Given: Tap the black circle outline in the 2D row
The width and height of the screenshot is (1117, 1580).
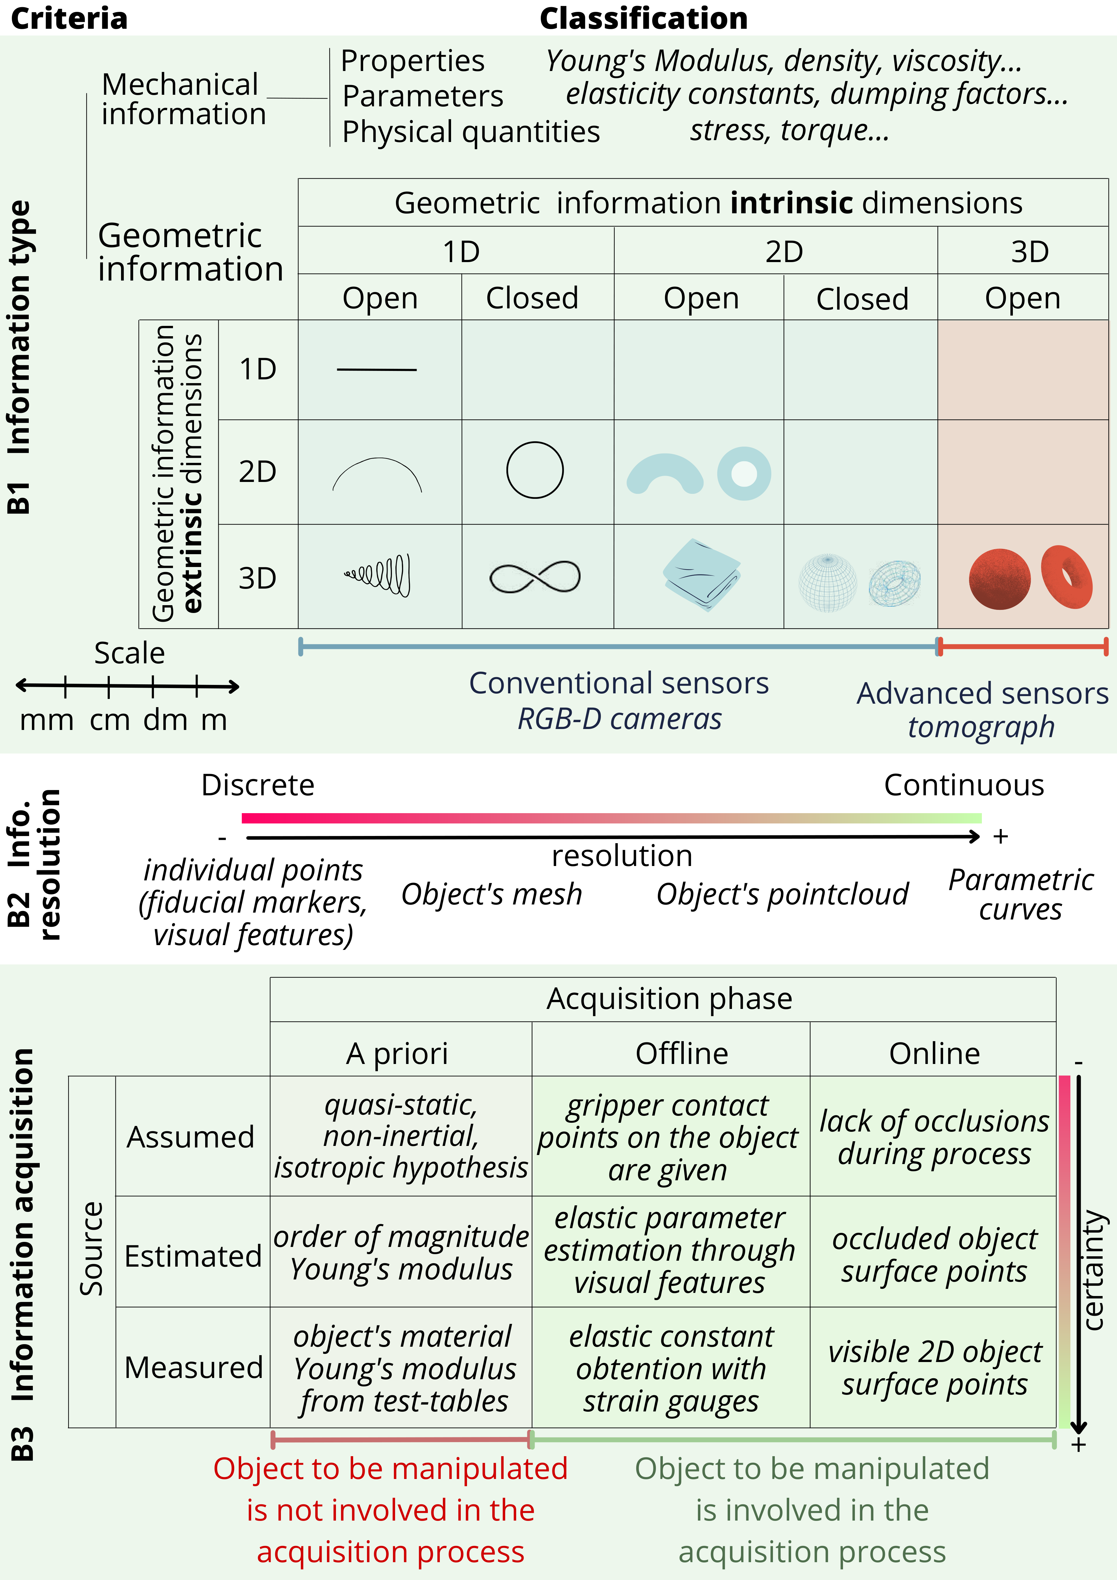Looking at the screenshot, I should tap(535, 470).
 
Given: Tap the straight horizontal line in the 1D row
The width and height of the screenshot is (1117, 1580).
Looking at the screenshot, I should tap(377, 370).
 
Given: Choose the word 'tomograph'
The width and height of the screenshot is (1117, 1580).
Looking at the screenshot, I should tap(981, 727).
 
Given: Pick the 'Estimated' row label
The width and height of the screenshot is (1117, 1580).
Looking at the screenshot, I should tap(193, 1256).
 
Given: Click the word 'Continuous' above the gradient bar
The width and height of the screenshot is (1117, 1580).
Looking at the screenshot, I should tap(963, 785).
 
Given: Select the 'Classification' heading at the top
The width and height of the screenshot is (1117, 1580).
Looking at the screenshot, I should tap(643, 18).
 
